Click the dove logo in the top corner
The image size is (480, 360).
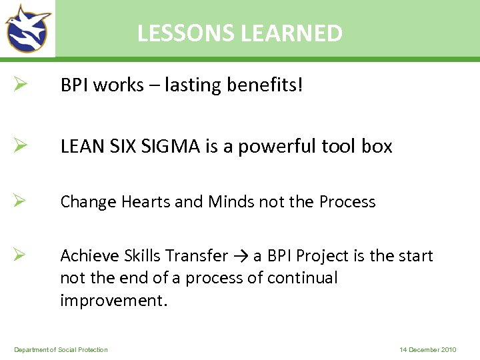point(28,28)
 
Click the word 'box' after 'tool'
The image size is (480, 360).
point(377,146)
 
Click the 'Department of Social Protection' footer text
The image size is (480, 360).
point(61,350)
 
